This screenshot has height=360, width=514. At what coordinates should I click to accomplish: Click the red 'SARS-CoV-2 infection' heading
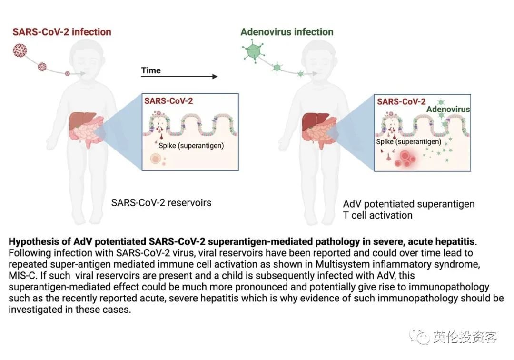tap(61, 32)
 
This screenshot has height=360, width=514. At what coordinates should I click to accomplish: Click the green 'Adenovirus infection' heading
tap(287, 32)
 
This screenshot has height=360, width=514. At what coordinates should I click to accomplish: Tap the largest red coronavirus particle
tap(20, 50)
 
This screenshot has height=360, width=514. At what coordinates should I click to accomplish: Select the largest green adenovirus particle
tap(253, 50)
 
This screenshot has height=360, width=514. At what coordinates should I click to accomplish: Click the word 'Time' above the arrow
tap(151, 70)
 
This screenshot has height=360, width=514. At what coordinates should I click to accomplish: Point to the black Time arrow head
tap(215, 76)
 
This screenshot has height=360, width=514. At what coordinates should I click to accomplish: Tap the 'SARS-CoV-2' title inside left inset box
tap(168, 101)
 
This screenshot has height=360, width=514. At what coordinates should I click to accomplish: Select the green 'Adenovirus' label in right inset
tap(448, 109)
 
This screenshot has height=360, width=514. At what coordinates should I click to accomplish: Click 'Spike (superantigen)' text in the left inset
tap(191, 146)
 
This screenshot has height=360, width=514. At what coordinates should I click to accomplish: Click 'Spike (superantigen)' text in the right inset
tap(408, 141)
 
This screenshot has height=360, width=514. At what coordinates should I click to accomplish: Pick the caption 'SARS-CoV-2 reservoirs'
tap(161, 203)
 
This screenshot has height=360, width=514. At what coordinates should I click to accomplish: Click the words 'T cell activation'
tap(377, 215)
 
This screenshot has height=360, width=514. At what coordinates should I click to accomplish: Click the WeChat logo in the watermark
tap(419, 337)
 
